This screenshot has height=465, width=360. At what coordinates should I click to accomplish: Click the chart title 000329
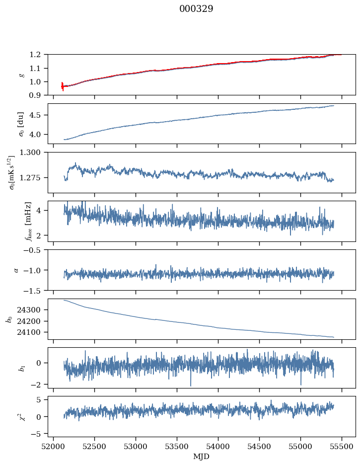(196, 9)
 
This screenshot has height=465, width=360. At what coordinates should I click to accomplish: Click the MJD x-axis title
(202, 456)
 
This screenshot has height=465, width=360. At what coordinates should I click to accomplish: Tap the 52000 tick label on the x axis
(54, 445)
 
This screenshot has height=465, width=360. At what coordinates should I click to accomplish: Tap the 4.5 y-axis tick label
(39, 115)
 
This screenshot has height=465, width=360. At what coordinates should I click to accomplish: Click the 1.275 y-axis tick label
(35, 177)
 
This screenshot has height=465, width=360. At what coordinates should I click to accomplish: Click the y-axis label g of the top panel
(21, 75)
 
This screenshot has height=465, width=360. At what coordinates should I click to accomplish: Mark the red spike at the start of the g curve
(62, 86)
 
